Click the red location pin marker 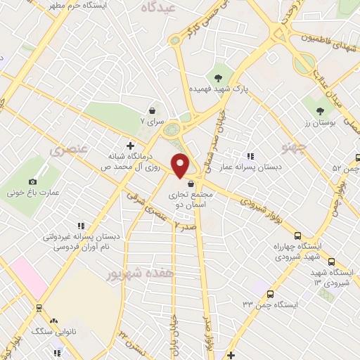coord(181,165)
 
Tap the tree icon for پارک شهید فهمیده coord(217,78)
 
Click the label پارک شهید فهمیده coord(217,91)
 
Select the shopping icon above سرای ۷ coord(152,110)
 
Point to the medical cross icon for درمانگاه coord(129,143)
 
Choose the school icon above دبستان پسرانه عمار coord(249,156)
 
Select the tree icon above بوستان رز coord(320,110)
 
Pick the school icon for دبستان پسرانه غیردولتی coord(81,226)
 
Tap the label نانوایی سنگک coord(49,329)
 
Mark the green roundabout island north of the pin coord(171,129)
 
